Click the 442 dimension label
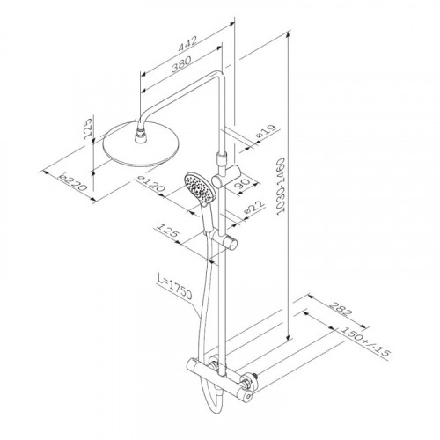[187, 44]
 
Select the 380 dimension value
[181, 63]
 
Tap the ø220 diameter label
[72, 182]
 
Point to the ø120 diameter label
[150, 185]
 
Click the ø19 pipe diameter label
[267, 131]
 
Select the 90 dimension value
[242, 184]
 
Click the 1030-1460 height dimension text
[281, 187]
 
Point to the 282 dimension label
[340, 309]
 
